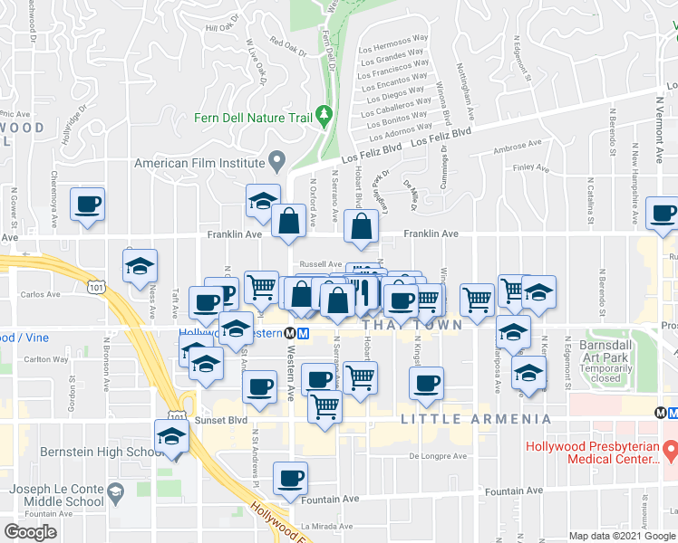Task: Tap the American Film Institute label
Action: click(x=200, y=164)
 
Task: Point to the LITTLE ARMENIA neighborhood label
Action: click(x=475, y=419)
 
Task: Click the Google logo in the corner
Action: click(x=30, y=531)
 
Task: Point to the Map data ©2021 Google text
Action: click(x=622, y=536)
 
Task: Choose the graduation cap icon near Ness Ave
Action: click(x=140, y=266)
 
